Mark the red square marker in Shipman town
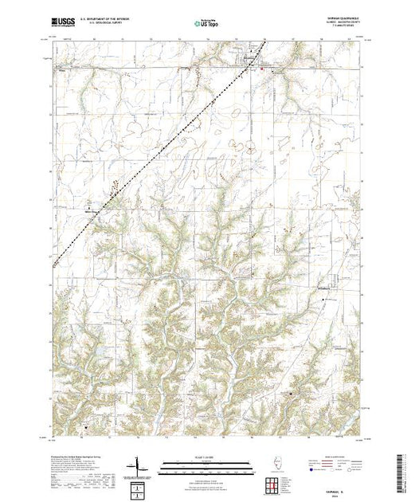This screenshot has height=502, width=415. [262, 69]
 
